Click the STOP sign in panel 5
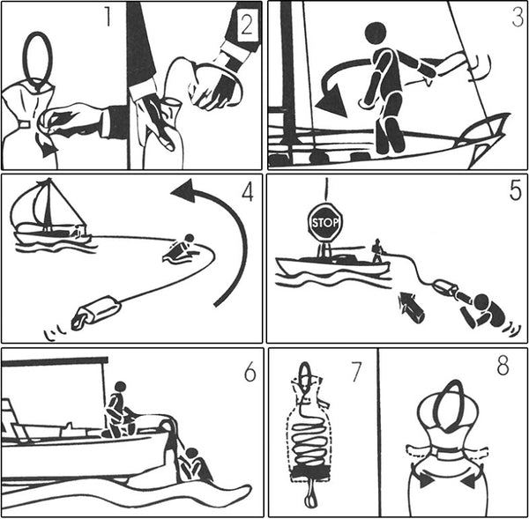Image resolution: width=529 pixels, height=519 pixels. [x=324, y=222]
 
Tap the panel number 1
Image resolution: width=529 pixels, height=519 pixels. [x=108, y=18]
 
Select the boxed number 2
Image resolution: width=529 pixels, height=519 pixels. [x=247, y=25]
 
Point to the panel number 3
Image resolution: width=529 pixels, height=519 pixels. [x=518, y=18]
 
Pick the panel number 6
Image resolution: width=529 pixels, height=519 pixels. [x=250, y=373]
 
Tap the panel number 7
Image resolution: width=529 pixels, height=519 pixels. [x=357, y=372]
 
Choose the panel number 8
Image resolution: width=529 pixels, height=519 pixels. [x=503, y=367]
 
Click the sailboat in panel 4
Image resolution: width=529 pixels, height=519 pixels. [x=50, y=215]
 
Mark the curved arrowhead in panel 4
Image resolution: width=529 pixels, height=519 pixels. [x=184, y=191]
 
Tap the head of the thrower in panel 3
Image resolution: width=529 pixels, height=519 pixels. [x=376, y=33]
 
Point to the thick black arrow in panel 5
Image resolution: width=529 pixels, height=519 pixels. [x=411, y=304]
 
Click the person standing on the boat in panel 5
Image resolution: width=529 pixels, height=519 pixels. [x=377, y=250]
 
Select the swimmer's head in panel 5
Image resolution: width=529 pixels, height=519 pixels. [x=481, y=301]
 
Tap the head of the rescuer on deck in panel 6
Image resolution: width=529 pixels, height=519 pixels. [x=121, y=387]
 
